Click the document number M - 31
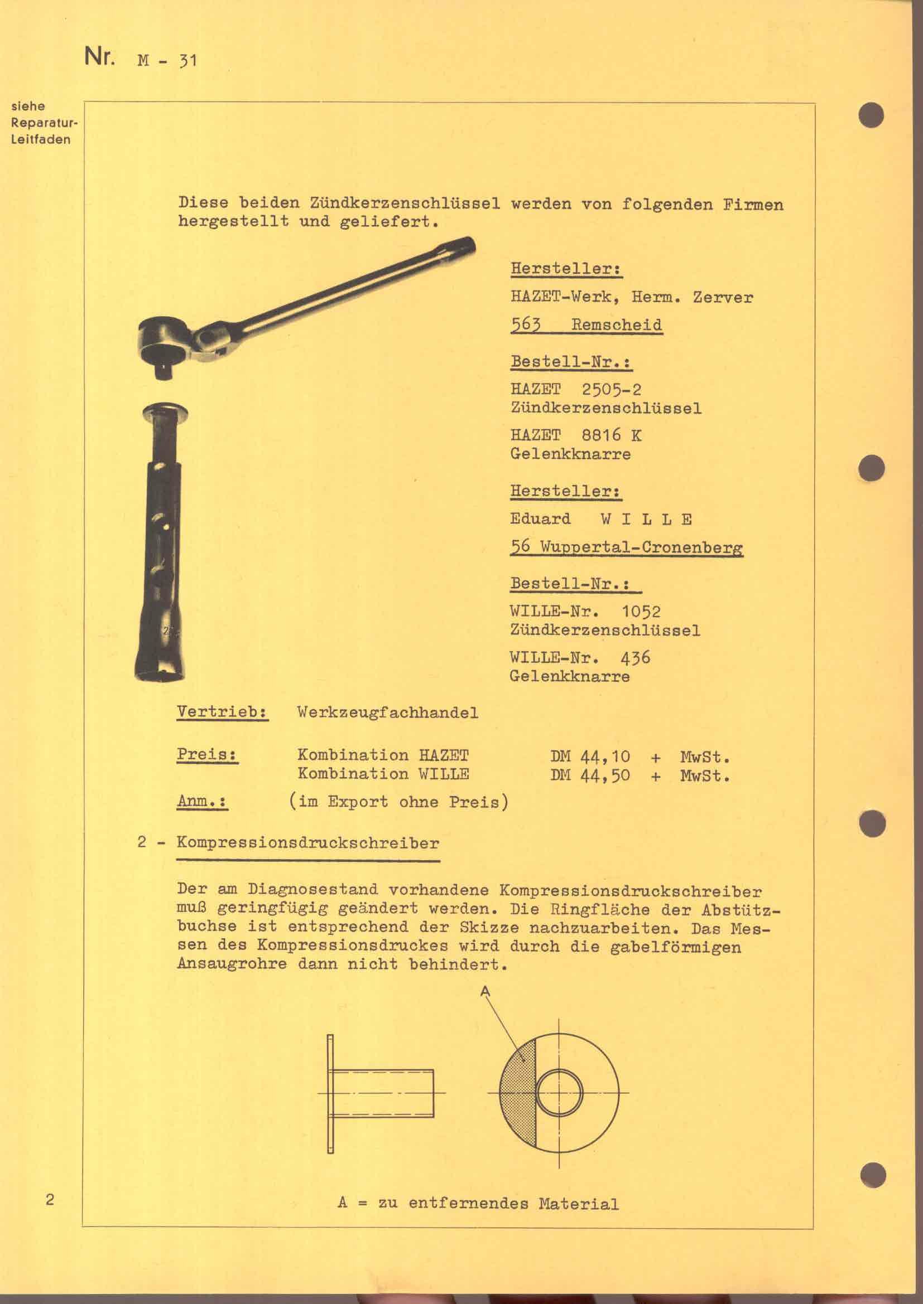[x=166, y=59]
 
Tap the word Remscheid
[x=617, y=325]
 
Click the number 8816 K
[x=612, y=435]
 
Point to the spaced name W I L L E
[x=646, y=518]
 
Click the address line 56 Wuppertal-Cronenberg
[x=626, y=547]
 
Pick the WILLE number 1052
[x=641, y=612]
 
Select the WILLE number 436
[x=635, y=658]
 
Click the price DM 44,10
[x=590, y=757]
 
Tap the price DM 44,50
[x=590, y=775]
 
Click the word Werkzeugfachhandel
[x=388, y=713]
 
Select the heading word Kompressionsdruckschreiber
[x=308, y=843]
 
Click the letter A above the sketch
[x=485, y=992]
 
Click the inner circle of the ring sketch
[x=559, y=1092]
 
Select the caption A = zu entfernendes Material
[x=478, y=1204]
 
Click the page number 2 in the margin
[x=50, y=1200]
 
